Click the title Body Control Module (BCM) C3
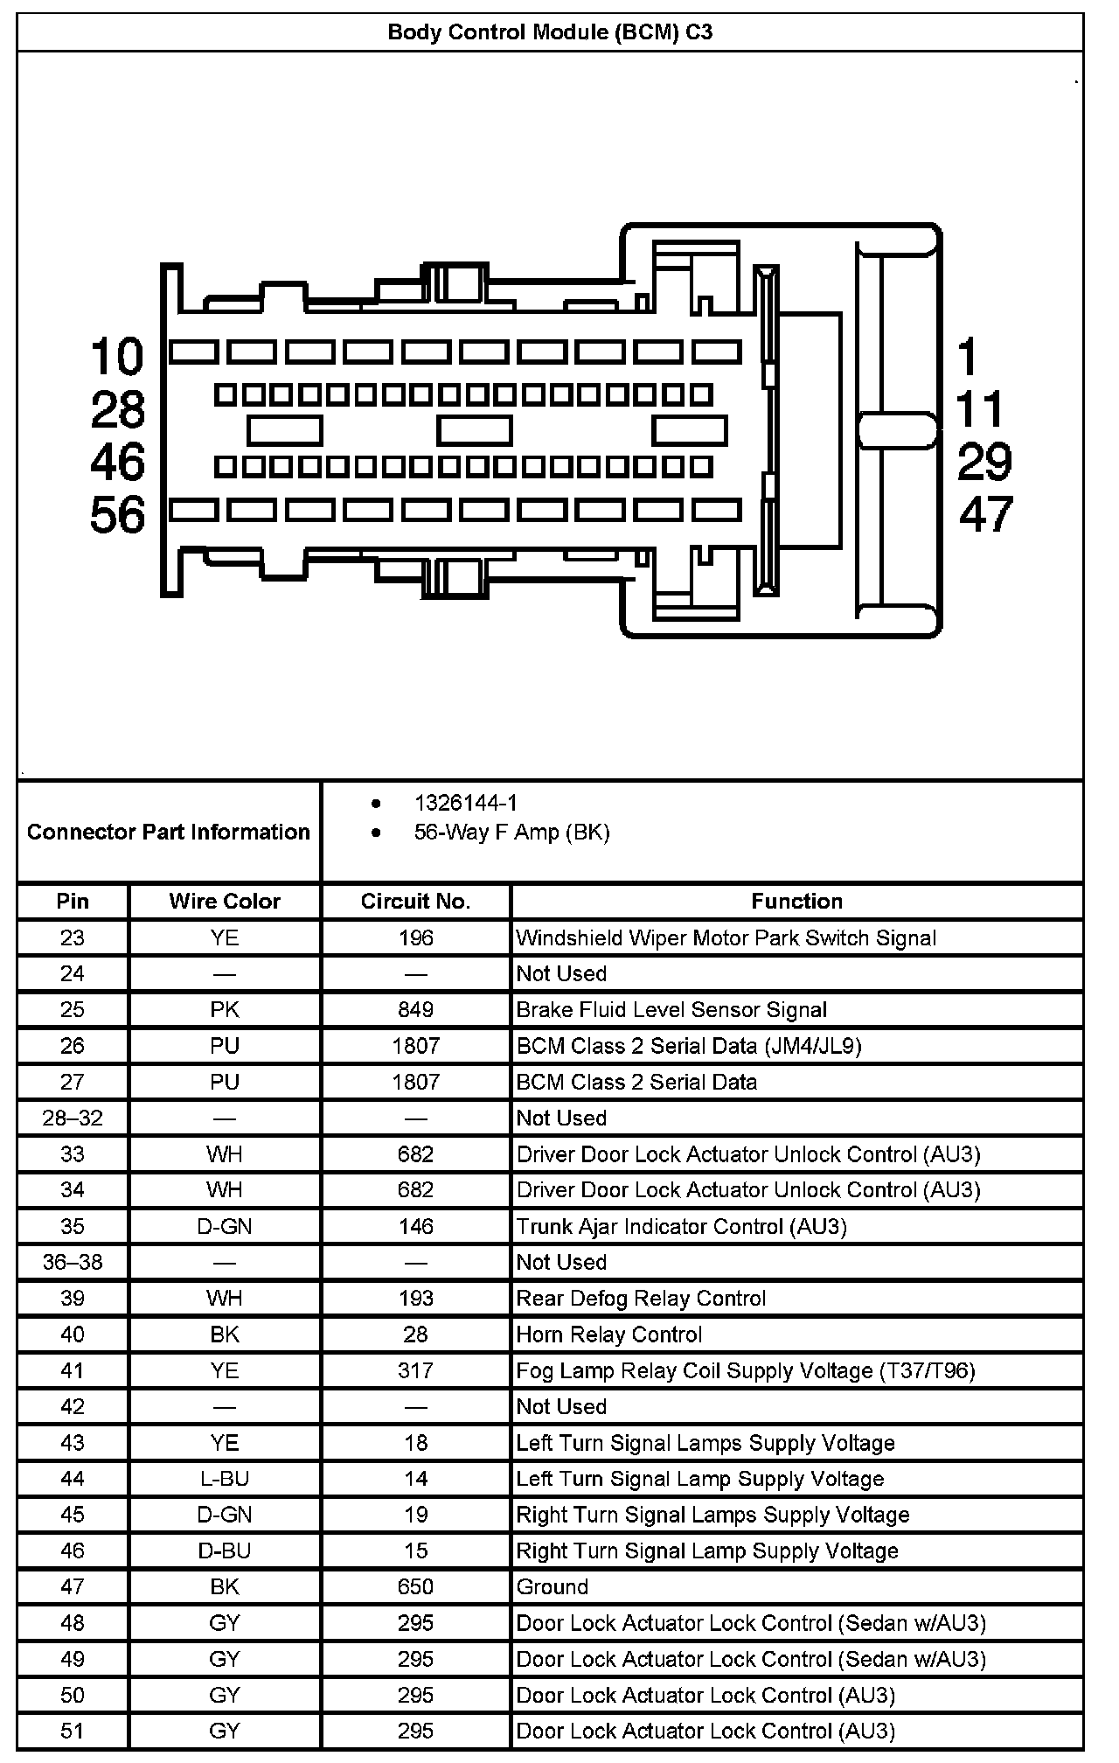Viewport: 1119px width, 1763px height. click(x=550, y=33)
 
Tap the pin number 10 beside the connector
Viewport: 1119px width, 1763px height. click(x=117, y=357)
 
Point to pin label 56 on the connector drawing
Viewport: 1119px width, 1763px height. click(x=117, y=514)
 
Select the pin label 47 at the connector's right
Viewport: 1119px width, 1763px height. click(x=986, y=514)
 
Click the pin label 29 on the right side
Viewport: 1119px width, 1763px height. click(x=984, y=462)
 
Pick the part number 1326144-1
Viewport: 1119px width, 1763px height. click(x=465, y=803)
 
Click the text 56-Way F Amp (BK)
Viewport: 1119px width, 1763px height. click(x=511, y=832)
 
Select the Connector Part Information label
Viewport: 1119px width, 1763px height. click(x=169, y=832)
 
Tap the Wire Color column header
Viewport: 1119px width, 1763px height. click(x=225, y=902)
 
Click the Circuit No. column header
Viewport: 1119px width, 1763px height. click(x=415, y=902)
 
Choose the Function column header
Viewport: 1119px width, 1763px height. click(x=796, y=902)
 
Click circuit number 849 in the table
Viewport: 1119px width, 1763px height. click(x=415, y=1010)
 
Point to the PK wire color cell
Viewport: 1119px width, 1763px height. click(x=225, y=1010)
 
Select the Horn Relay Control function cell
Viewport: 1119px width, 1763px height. click(x=609, y=1334)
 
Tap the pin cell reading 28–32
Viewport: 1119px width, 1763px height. click(x=73, y=1118)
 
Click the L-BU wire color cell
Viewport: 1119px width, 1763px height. click(x=225, y=1479)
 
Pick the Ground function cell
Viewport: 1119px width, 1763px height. click(x=553, y=1586)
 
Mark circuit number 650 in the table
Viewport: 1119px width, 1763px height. click(x=415, y=1586)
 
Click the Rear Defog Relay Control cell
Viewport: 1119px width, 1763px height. click(x=641, y=1299)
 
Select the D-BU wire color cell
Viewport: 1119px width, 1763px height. click(x=225, y=1550)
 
